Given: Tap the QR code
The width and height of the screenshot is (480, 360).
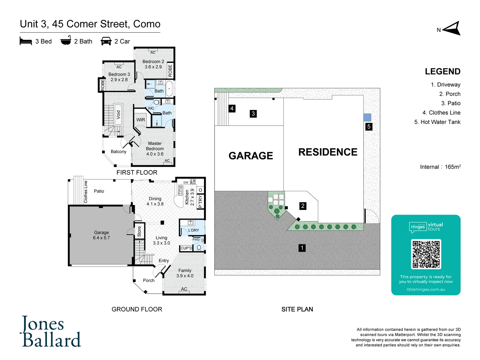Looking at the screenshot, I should (426, 254).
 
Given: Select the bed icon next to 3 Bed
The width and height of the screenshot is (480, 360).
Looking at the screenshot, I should (26, 41).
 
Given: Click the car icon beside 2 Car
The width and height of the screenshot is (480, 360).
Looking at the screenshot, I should (106, 41).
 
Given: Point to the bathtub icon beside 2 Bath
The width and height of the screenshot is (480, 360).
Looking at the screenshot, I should (66, 41).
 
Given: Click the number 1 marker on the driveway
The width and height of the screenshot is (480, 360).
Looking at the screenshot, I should (302, 248).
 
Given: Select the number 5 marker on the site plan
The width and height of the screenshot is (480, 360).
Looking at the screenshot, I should (369, 127).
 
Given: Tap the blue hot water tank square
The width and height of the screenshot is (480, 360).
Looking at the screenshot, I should (367, 117).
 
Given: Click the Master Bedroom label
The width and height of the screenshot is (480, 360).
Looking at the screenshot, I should (155, 149).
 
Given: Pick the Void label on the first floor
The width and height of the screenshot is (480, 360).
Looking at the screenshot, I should (118, 115).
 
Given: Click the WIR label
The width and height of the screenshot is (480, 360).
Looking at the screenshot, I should (141, 120).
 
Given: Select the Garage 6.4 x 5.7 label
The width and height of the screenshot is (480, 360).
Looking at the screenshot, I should (101, 235).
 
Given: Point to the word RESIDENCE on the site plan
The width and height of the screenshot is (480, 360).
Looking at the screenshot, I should (328, 152).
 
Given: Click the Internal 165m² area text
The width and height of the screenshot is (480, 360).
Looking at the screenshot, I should (440, 167).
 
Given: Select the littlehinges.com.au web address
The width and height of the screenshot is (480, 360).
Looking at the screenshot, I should (426, 289).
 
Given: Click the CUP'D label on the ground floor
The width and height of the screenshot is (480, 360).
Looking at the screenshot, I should (186, 248).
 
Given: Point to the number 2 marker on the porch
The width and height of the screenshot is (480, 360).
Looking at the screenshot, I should (303, 206).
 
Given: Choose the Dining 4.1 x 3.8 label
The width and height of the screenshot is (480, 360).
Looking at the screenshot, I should (155, 201).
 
